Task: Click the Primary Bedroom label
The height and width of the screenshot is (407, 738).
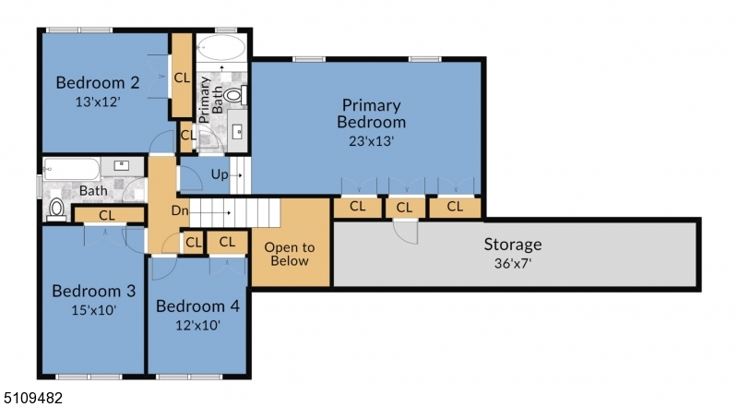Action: click(372, 114)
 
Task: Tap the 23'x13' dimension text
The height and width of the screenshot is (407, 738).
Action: click(372, 141)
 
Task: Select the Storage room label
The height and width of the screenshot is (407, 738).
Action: click(513, 245)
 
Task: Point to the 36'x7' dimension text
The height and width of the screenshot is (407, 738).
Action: click(513, 263)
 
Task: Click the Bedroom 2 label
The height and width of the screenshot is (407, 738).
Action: click(98, 82)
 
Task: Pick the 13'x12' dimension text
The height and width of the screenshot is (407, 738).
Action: click(98, 102)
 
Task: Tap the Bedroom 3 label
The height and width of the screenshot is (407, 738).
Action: click(94, 291)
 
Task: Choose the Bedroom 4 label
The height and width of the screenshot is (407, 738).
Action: click(197, 306)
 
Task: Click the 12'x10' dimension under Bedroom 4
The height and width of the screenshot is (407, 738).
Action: click(197, 325)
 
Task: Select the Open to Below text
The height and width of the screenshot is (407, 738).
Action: click(290, 254)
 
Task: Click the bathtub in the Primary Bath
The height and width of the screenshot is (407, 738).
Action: click(220, 48)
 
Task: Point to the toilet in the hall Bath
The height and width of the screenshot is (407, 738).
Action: click(56, 210)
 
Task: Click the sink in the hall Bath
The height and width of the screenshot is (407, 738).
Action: click(122, 166)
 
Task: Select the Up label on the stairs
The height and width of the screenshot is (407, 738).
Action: click(220, 174)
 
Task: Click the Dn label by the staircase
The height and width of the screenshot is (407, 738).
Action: click(179, 210)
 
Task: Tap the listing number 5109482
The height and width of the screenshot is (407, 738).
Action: click(31, 398)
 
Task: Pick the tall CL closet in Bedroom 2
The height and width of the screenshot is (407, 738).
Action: click(181, 76)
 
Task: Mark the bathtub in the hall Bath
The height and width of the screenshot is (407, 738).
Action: click(72, 169)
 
